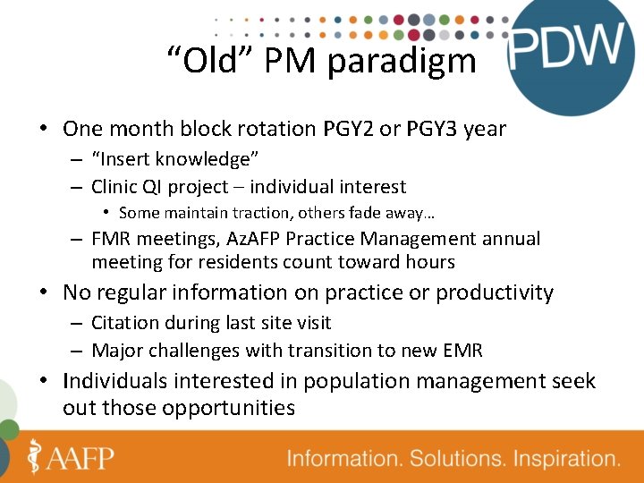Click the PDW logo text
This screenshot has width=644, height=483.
pos(565,47)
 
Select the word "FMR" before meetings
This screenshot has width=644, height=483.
pos(112,239)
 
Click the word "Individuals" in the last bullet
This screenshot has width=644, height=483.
pos(114,381)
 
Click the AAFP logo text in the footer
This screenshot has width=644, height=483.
pos(79,458)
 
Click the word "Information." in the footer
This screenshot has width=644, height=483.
pos(344,459)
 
